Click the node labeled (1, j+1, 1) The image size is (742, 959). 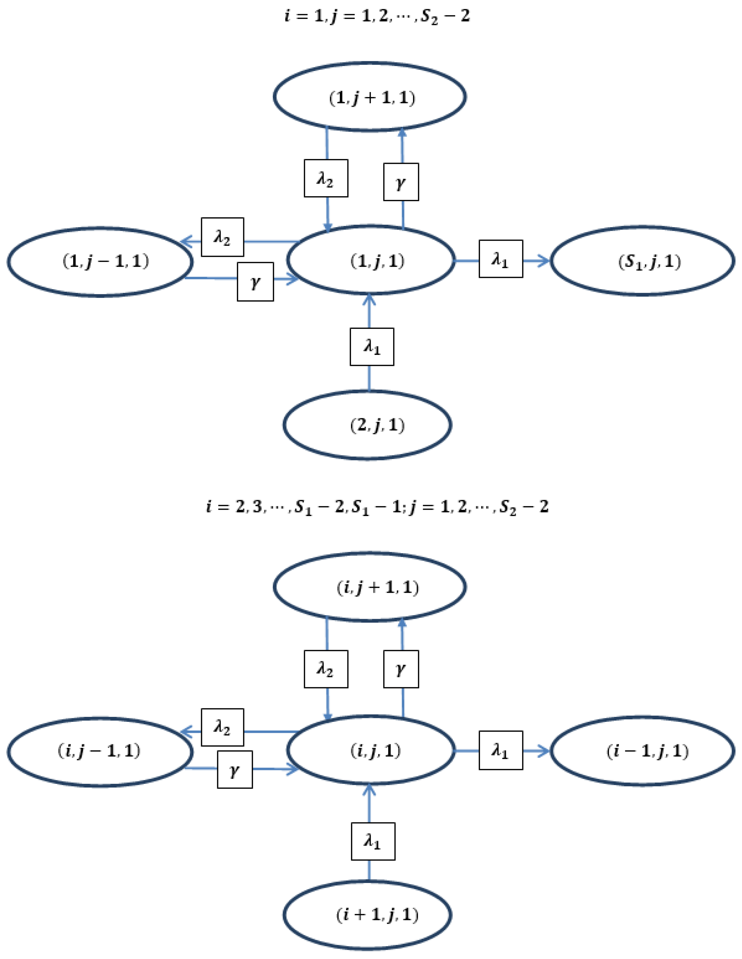coord(370,97)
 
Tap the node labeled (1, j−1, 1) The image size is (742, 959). coord(100,262)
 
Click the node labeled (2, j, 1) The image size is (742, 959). coord(367,425)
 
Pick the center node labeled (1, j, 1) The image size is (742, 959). coord(370,260)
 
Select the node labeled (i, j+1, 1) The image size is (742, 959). coord(370,587)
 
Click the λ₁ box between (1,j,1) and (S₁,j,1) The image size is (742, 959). coord(501,259)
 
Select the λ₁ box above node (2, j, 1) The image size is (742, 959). coord(372,347)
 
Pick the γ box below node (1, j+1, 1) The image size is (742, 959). coord(401,182)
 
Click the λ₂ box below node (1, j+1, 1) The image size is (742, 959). coord(326,178)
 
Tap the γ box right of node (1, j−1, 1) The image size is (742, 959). coord(255,282)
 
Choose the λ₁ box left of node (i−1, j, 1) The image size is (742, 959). coord(501,750)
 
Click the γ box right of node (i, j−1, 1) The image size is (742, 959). coord(235,769)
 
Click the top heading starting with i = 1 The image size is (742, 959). coord(377,16)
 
